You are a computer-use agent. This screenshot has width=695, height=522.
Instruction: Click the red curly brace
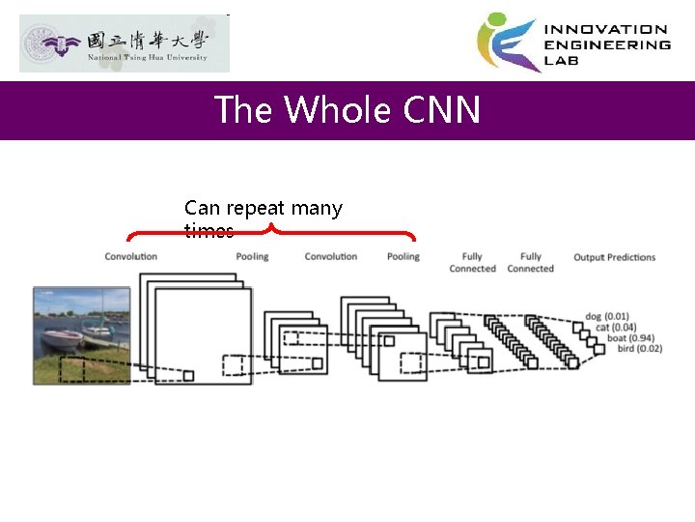click(x=271, y=233)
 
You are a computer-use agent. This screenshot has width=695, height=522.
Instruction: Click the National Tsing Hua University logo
click(x=125, y=43)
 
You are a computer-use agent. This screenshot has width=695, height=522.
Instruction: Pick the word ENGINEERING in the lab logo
click(x=608, y=44)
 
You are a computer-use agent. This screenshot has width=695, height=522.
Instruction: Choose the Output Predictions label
click(x=614, y=257)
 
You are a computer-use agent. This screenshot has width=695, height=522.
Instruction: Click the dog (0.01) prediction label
click(x=607, y=316)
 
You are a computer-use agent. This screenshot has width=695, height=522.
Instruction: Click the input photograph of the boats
click(x=81, y=334)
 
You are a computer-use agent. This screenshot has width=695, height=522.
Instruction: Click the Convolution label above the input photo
click(x=130, y=256)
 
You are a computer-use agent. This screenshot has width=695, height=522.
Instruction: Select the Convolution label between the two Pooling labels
click(x=330, y=256)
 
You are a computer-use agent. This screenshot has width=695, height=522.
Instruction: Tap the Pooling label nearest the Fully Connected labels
click(x=403, y=256)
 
